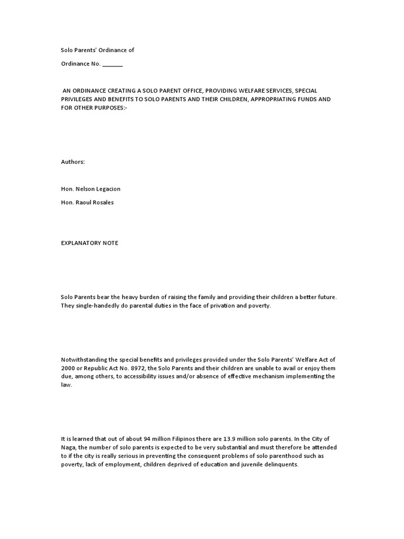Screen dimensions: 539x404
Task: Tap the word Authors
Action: tap(73, 162)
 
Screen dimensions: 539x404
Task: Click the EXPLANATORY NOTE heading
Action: tap(90, 243)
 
